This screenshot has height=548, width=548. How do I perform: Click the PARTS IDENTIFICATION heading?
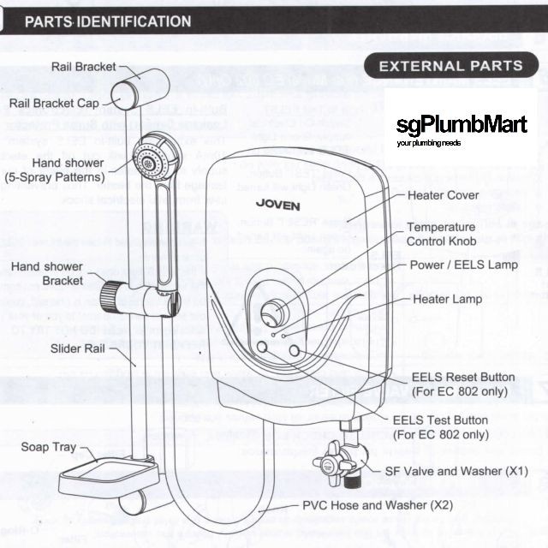point(107,21)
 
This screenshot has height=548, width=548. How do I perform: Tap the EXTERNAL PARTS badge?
point(450,66)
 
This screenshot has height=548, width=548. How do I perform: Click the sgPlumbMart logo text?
point(462,126)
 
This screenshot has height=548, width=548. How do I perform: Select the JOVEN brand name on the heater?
point(277,204)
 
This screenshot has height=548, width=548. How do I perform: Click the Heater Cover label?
point(443,195)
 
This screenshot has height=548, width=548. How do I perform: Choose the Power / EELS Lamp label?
point(463,265)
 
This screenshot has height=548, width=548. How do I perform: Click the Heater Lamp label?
point(448,299)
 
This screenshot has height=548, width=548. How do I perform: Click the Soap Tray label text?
point(49,448)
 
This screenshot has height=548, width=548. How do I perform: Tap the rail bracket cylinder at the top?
point(142,86)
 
